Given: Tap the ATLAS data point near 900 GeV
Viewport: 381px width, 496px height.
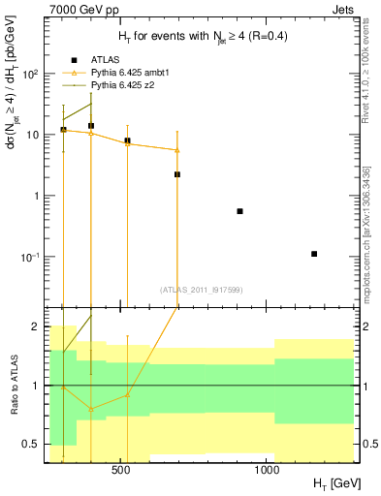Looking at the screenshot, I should point(239,211).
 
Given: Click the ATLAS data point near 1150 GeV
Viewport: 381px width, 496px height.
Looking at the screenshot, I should point(314,254).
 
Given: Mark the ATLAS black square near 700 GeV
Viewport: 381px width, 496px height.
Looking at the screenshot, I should point(177,174).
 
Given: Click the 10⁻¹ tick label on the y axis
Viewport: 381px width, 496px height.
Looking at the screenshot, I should point(30,257).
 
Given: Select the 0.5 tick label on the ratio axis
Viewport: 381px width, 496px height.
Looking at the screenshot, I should point(30,445).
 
